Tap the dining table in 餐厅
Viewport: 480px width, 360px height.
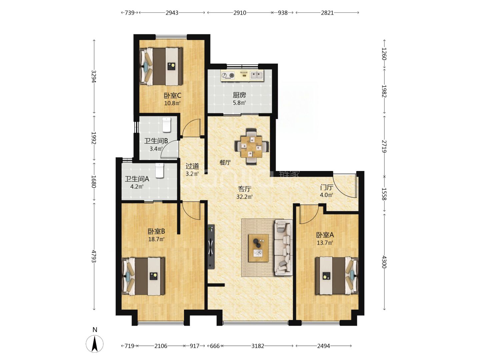[x=251, y=147]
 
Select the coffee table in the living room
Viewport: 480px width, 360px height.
[x=258, y=248]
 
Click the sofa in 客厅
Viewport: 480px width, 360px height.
[x=284, y=247]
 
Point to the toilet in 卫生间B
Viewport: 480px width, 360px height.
[x=166, y=125]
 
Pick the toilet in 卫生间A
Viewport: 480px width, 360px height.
[x=159, y=170]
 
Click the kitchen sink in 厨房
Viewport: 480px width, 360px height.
[x=257, y=75]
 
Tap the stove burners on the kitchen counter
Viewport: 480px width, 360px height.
[x=228, y=76]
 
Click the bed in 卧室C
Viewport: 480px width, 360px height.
[x=161, y=66]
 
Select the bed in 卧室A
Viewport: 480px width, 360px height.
[x=337, y=276]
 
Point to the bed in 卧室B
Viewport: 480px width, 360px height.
[x=143, y=276]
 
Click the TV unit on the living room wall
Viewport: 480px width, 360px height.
[x=211, y=247]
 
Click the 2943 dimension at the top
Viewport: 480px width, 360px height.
[x=172, y=13]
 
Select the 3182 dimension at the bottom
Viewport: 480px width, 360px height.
[x=258, y=346]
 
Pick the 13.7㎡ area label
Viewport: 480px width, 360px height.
[x=325, y=243]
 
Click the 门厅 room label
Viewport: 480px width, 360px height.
[x=327, y=187]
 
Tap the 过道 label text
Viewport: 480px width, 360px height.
[x=192, y=166]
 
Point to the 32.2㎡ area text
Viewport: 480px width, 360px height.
[x=244, y=197]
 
